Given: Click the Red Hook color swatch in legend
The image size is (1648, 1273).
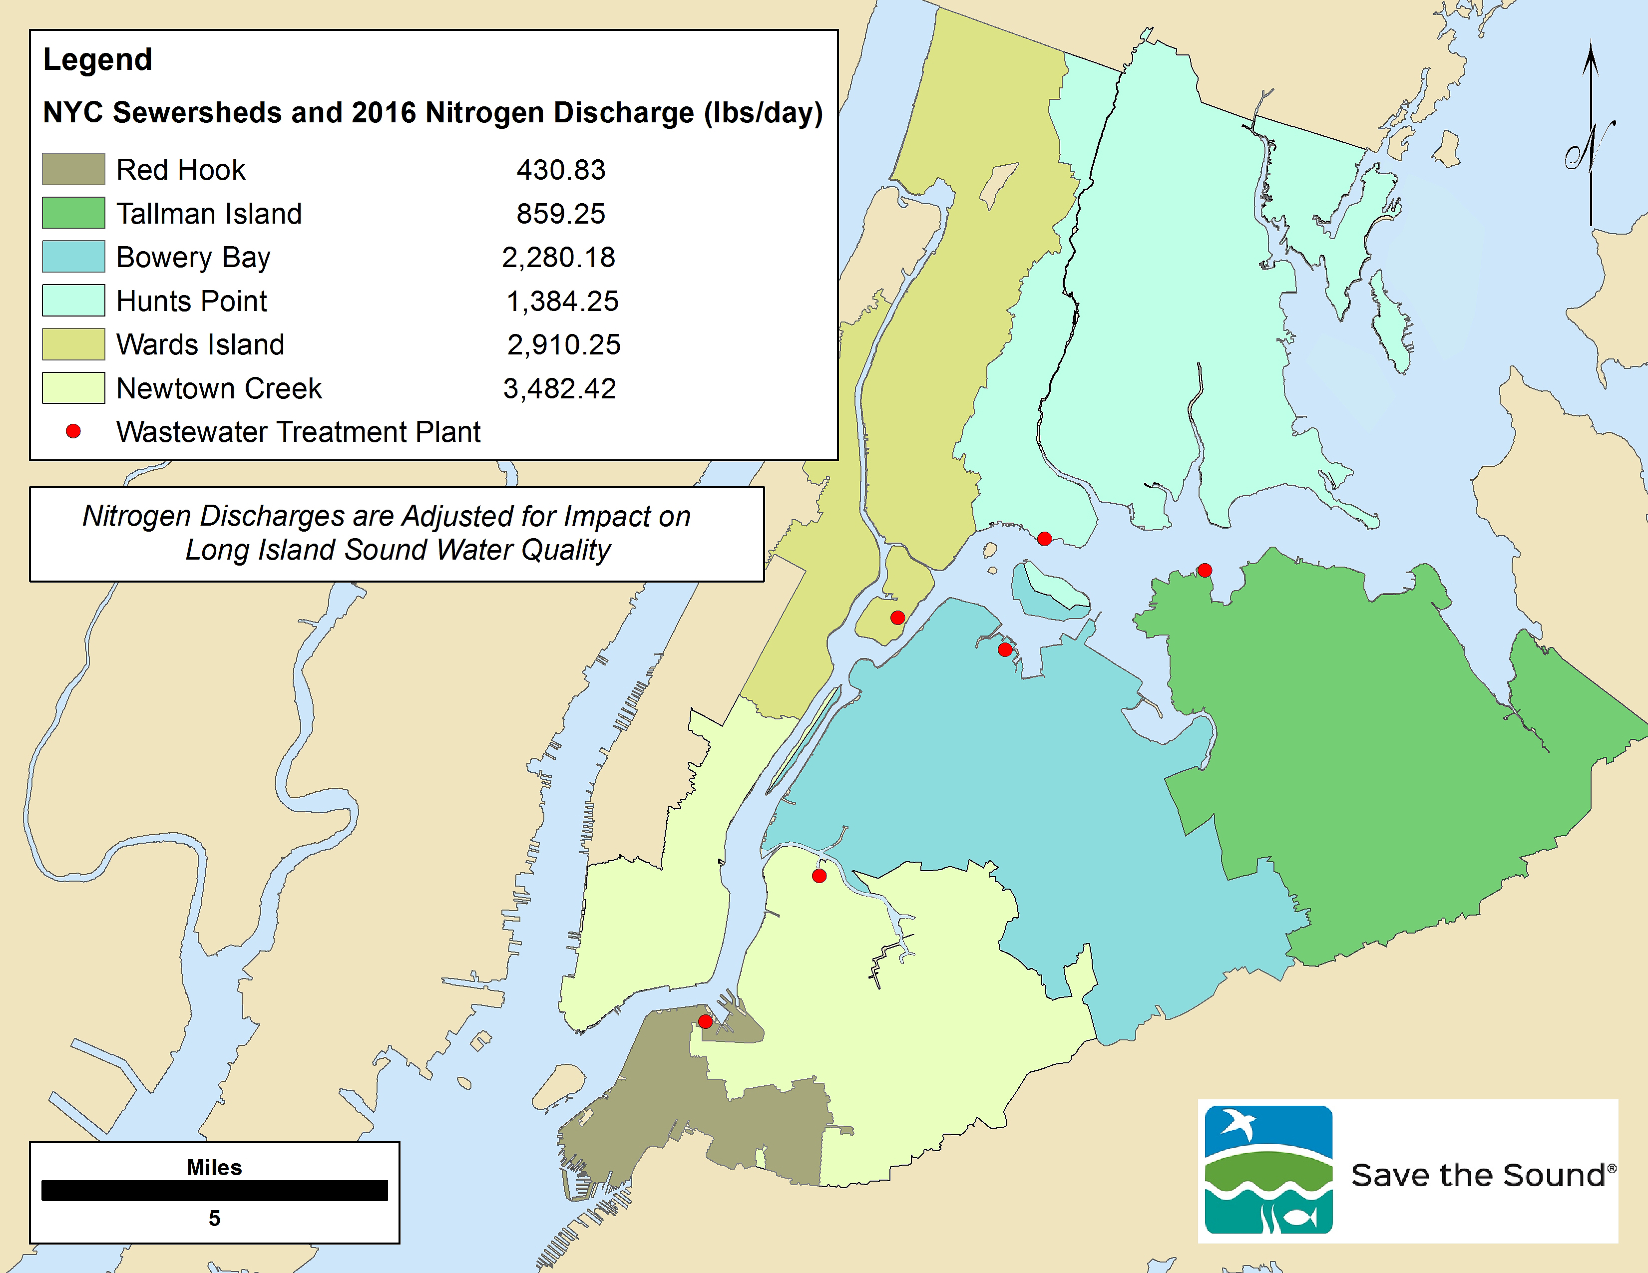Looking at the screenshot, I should pos(73,169).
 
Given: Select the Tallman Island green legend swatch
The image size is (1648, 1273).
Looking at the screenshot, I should pos(73,213).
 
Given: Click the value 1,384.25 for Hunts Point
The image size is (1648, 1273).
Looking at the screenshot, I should pos(562,301).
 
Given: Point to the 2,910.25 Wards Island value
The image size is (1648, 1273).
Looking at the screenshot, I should pos(563,344).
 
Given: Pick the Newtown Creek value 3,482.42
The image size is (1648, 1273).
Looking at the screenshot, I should pos(559,388).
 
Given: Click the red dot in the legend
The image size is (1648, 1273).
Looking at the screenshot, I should pos(73,431).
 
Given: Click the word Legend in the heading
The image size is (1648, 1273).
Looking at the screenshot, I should pos(97,59).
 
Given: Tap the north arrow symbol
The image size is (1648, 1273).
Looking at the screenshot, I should pos(1591,136).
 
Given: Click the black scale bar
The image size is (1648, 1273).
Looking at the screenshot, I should pos(214,1190).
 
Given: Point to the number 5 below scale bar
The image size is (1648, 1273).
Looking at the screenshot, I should pos(214,1218).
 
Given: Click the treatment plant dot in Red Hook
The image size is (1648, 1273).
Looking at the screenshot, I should pos(705,1021).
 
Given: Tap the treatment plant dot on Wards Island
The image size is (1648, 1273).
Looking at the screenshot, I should pos(897,618).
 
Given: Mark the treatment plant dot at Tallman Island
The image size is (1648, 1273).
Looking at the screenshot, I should pos(1205,570).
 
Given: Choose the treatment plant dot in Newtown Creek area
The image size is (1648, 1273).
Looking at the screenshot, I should pos(820,876).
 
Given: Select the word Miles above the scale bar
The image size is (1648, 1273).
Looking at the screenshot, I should pos(214,1168).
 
